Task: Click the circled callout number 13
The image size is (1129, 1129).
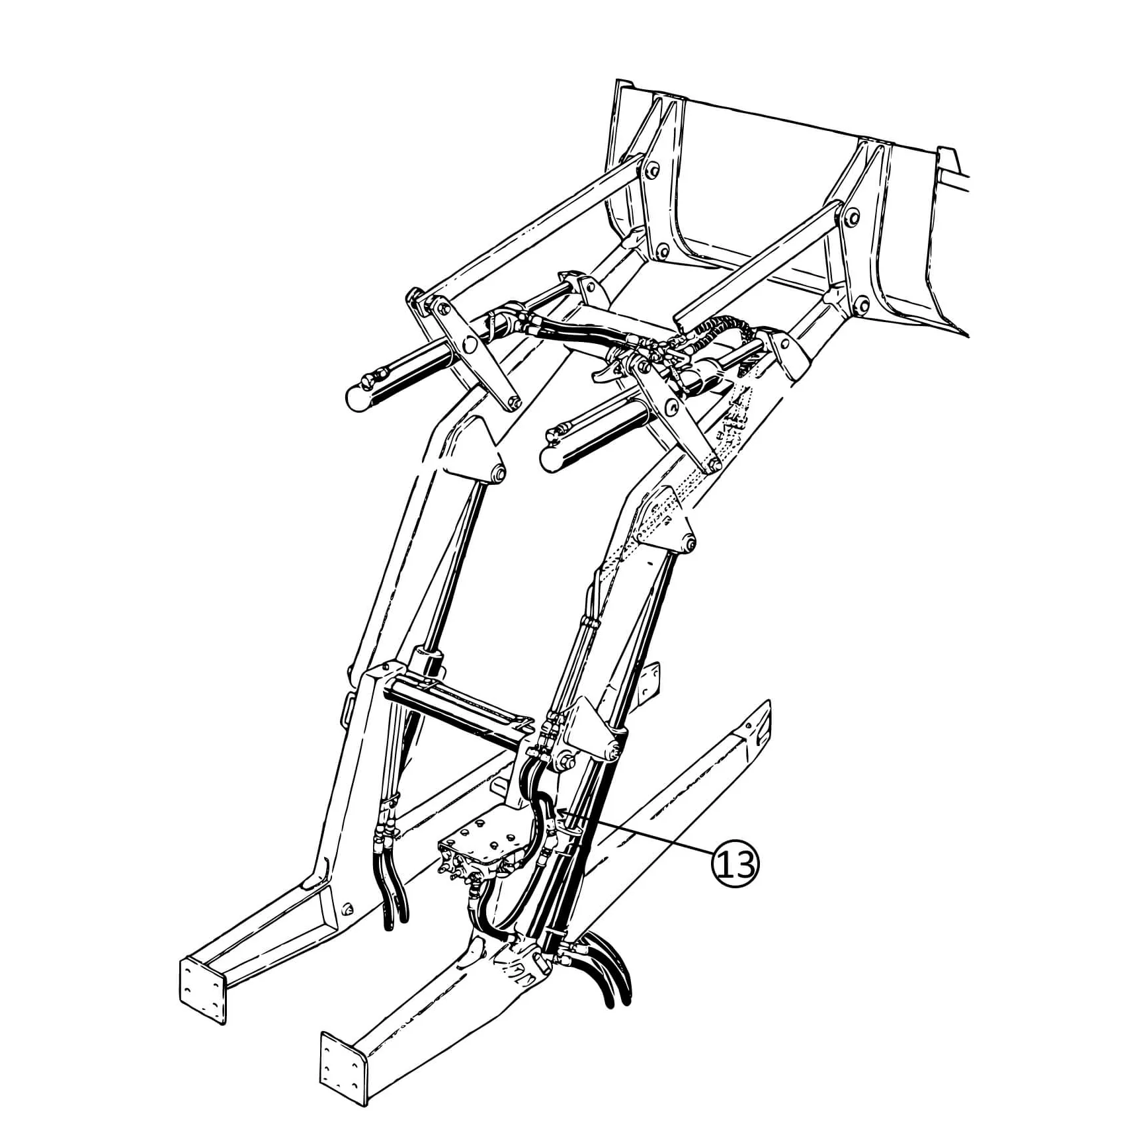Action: (x=735, y=864)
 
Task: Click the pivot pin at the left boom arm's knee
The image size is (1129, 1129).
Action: (x=499, y=473)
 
